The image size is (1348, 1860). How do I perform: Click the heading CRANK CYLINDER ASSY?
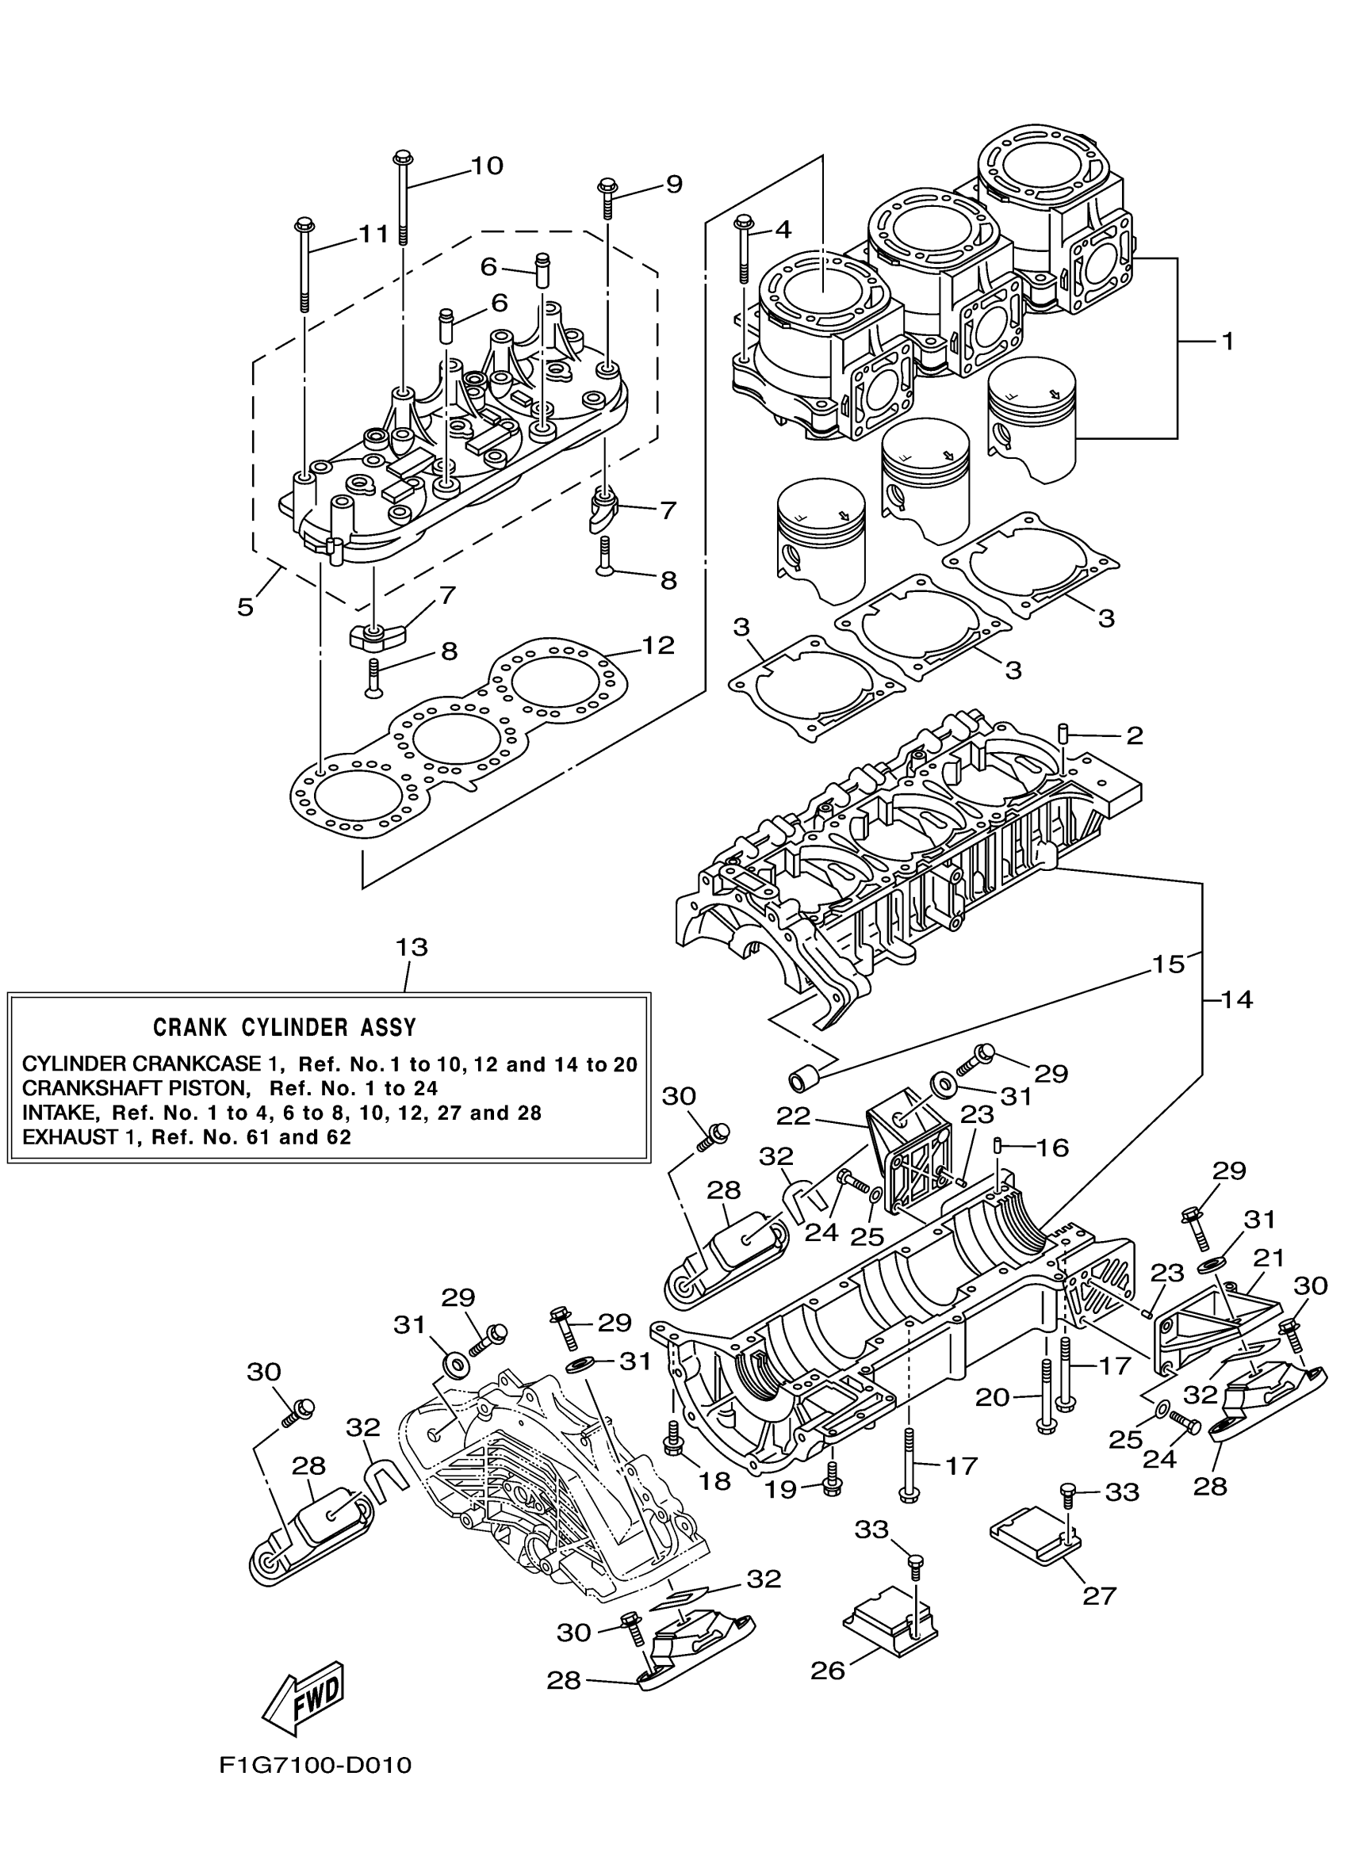pos(285,1027)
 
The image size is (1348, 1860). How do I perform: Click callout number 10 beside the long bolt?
pos(487,166)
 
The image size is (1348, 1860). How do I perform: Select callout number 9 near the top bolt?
pos(672,184)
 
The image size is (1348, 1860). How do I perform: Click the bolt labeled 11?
pos(304,262)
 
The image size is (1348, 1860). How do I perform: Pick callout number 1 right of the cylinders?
pos(1227,340)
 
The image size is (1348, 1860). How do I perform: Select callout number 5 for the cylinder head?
pos(245,608)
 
